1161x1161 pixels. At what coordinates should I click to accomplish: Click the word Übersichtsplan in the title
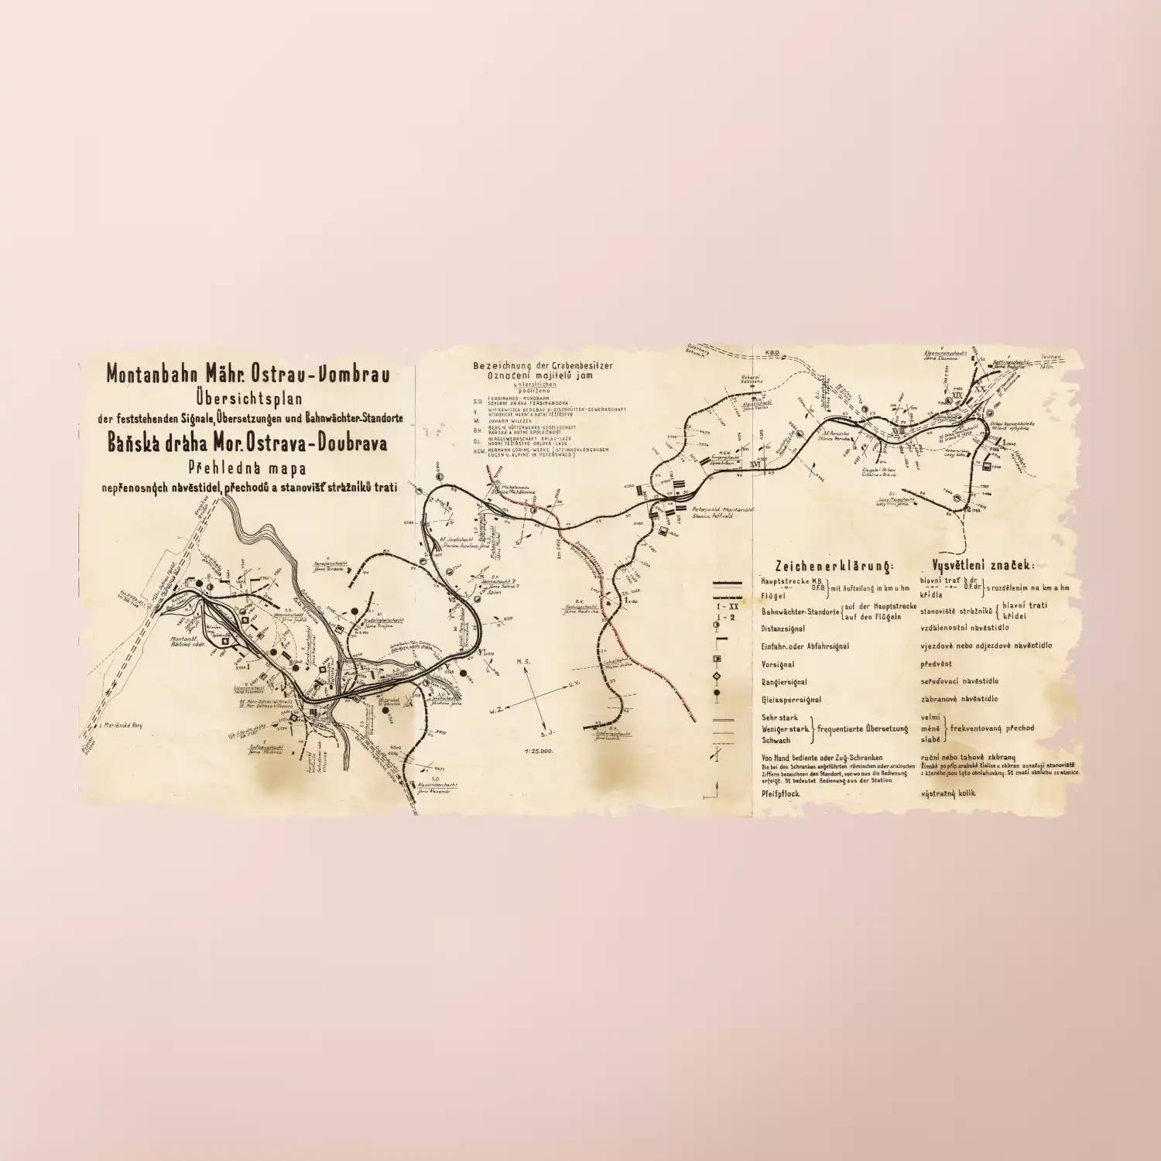click(x=251, y=398)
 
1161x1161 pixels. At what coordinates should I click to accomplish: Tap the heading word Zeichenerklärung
click(x=834, y=567)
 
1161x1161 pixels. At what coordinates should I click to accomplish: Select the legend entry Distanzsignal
click(x=783, y=628)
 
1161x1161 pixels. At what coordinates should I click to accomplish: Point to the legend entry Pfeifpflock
click(x=781, y=793)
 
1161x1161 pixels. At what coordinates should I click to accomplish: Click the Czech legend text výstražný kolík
click(x=948, y=793)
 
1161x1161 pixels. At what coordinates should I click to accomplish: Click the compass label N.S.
click(x=524, y=662)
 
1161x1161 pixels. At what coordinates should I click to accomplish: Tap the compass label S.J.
click(x=547, y=732)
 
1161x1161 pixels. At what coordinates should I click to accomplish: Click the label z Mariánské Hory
click(x=121, y=725)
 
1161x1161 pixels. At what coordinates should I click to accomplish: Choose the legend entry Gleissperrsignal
click(x=791, y=700)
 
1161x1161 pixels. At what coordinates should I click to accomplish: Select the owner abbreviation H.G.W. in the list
click(x=478, y=451)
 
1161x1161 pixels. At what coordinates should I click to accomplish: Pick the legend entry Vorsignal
click(x=777, y=664)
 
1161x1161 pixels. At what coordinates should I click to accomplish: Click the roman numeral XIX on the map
click(x=957, y=396)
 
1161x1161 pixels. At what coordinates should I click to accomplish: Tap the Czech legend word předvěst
click(x=936, y=663)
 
